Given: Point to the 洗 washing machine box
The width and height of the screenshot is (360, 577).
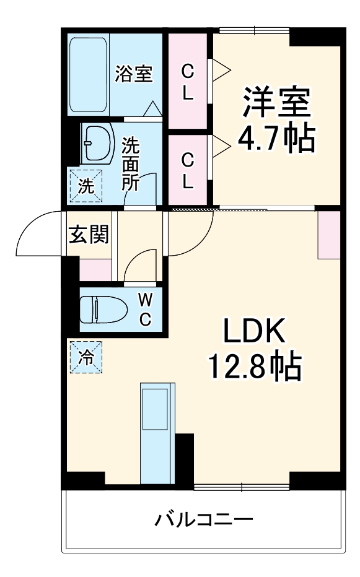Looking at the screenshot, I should point(83,184).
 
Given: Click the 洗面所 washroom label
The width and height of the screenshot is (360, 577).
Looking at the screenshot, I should point(130,164).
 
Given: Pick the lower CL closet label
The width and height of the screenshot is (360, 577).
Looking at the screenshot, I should point(187,170).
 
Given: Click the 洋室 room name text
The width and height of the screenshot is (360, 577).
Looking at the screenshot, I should point(275,103).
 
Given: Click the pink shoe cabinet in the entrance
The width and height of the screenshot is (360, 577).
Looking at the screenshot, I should point(95,268).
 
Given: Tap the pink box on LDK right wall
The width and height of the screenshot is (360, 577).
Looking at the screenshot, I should point(328,235).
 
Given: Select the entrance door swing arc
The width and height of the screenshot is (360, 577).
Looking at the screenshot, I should point(38,232).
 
